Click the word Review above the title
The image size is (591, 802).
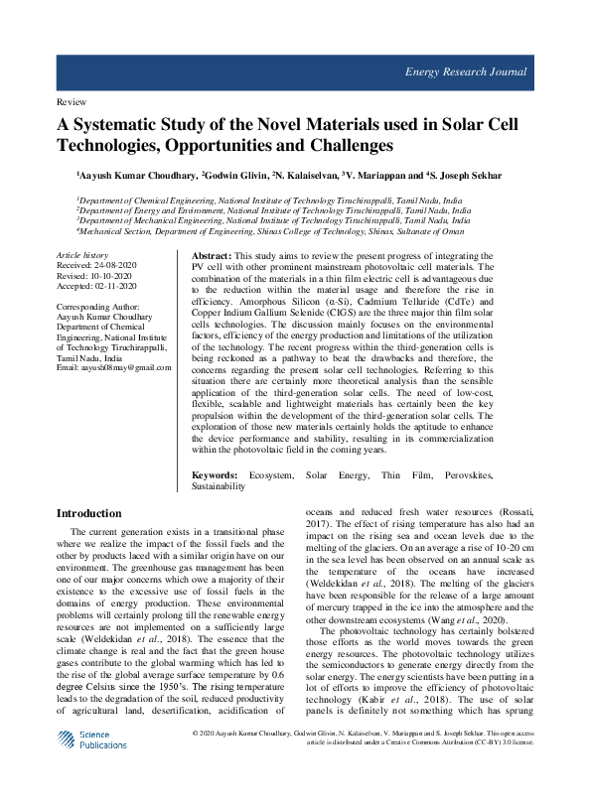pos(71,102)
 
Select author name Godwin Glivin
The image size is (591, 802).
pos(236,175)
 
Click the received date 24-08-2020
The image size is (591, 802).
pos(117,266)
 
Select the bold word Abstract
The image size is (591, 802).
pos(211,256)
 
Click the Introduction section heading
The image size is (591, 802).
pos(89,513)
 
